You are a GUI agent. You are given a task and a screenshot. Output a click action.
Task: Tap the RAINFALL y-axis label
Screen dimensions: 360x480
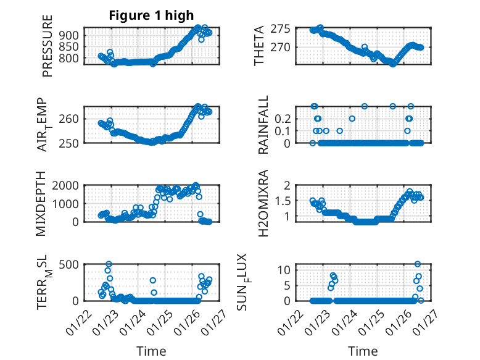[263, 125]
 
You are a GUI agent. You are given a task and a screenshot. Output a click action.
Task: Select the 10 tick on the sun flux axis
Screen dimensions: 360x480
[284, 270]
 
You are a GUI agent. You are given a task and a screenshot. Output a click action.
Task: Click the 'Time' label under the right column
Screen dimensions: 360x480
[363, 351]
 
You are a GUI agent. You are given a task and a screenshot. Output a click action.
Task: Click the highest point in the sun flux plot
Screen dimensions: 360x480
[418, 264]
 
